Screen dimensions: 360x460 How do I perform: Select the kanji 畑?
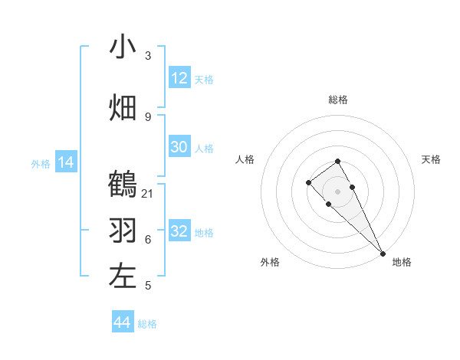[123, 107]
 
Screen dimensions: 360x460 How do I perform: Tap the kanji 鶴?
[123, 185]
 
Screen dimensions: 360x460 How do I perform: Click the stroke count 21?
[148, 193]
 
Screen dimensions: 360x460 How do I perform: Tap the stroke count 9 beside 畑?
[148, 116]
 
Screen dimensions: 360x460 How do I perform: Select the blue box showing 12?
[179, 78]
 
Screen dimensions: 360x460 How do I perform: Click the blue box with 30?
[179, 147]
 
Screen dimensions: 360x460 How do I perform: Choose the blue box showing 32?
[179, 231]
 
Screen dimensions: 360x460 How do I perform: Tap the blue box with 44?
[123, 322]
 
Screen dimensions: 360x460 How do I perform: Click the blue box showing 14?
[66, 162]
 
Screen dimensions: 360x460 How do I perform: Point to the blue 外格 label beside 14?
[41, 163]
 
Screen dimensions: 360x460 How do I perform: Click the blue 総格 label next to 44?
[147, 324]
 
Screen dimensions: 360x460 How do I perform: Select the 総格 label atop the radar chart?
[338, 100]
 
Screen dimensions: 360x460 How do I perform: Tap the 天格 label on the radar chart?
[431, 159]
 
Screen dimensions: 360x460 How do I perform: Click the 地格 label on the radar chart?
[402, 262]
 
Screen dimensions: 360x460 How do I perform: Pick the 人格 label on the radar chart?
[245, 159]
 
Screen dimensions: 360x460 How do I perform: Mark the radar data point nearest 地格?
[383, 253]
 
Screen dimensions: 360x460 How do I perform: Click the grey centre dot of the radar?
[337, 191]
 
